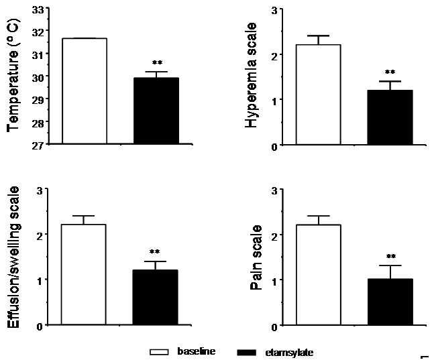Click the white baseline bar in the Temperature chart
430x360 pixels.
point(85,91)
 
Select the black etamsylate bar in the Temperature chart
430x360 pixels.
point(156,111)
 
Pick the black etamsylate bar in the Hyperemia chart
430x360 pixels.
point(390,117)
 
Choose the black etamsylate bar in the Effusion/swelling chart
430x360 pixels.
point(156,297)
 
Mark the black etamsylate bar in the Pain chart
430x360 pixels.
point(390,302)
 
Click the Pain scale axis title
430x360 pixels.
point(256,257)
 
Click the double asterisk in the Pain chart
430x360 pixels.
point(390,256)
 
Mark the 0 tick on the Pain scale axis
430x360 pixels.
point(274,326)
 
